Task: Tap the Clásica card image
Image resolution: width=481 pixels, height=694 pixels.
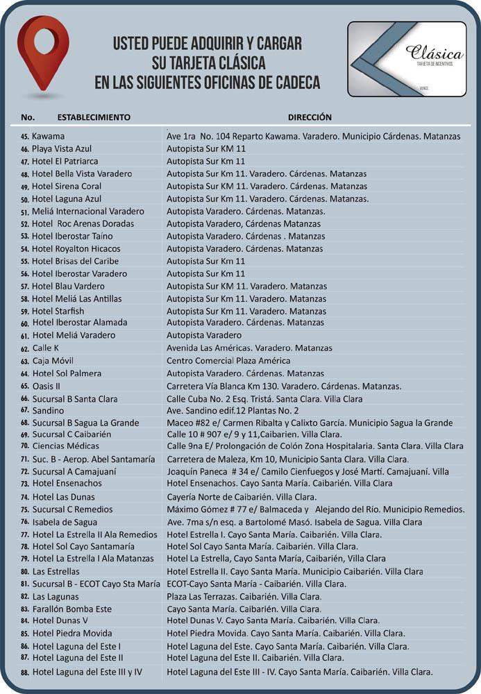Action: (407, 58)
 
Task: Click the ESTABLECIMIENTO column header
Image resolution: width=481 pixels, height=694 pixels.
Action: (94, 117)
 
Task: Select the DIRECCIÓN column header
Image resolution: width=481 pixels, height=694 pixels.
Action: (310, 117)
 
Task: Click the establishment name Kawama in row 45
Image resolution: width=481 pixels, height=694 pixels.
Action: (49, 137)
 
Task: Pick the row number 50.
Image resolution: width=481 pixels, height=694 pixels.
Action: (26, 199)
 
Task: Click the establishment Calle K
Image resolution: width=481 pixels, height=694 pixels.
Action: (46, 348)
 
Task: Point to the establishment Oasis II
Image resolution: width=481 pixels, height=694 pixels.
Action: (47, 386)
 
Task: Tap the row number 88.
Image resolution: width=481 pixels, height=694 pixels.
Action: (26, 672)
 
